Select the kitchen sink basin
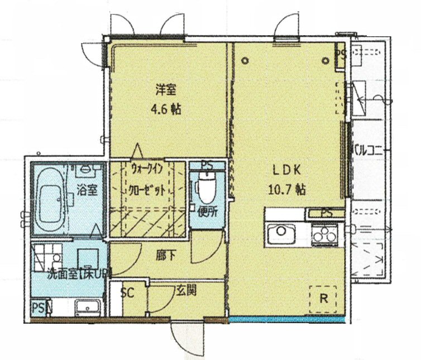tap(281, 232)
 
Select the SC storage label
tap(127, 292)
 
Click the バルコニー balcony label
tap(370, 149)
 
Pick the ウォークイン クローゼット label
tap(148, 178)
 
